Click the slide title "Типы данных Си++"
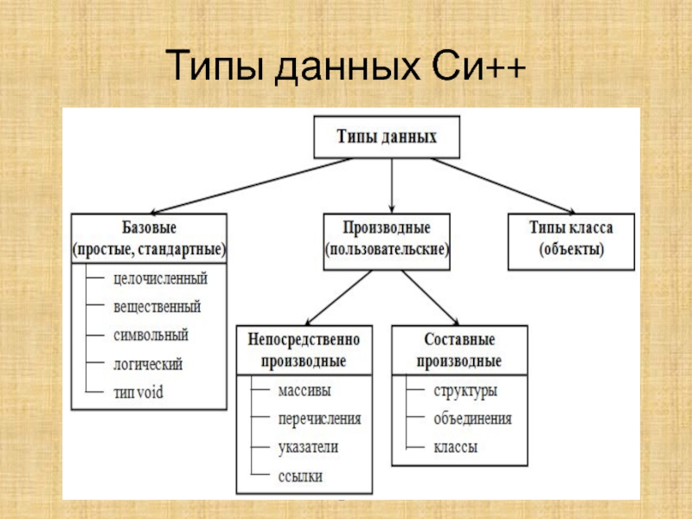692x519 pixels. point(345,67)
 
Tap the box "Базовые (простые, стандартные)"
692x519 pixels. point(149,239)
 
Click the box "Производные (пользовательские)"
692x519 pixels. point(387,239)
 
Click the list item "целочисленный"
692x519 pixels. point(160,279)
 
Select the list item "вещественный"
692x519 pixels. point(157,307)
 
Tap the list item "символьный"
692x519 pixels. point(151,336)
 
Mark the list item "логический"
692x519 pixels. point(148,364)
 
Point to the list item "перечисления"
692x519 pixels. point(318,419)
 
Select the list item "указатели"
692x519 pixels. point(308,447)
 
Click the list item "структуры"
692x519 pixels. point(465,391)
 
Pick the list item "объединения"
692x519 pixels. point(472,420)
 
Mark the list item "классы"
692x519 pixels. point(456,448)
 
